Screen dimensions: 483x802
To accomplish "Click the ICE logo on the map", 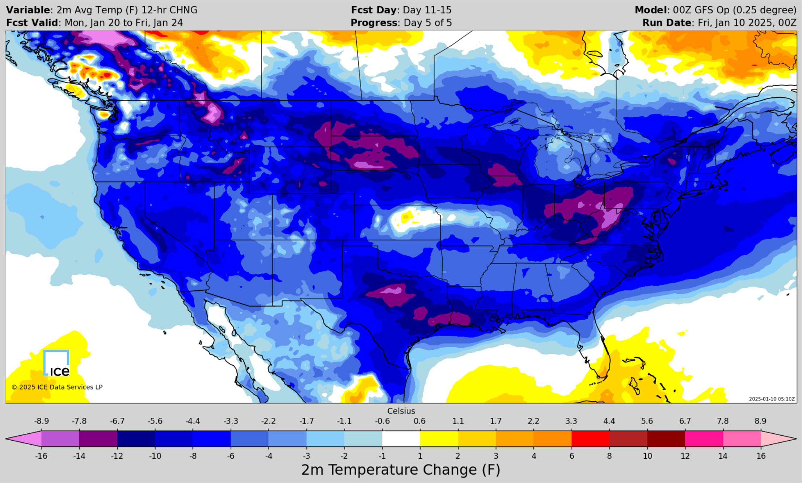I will [56, 364].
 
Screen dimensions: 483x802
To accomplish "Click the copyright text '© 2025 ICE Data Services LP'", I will [57, 387].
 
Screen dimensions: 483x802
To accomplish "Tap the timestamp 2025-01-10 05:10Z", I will [772, 399].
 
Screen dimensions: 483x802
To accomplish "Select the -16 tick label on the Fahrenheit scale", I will [41, 456].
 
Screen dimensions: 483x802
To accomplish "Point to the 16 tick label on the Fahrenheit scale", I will [761, 456].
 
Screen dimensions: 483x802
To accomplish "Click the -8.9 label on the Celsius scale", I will [41, 421].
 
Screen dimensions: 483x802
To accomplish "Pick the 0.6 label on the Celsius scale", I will [419, 421].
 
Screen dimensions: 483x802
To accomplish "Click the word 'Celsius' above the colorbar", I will [401, 411].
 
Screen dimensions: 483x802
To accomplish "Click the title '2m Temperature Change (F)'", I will [401, 470].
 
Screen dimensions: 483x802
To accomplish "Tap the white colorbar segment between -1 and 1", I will [401, 438].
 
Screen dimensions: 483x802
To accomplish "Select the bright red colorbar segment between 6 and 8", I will [590, 438].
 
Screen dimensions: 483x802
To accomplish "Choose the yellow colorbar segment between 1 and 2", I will [439, 438].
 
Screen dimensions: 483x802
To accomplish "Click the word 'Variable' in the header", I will [28, 10].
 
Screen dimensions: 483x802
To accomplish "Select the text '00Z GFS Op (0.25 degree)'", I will [735, 10].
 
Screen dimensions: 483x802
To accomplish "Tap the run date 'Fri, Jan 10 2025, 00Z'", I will [747, 23].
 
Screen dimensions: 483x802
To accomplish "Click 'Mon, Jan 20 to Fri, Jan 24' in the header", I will [123, 23].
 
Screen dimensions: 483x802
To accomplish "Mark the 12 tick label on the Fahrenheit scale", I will [685, 456].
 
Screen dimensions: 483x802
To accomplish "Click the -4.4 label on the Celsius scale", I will [193, 421].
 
